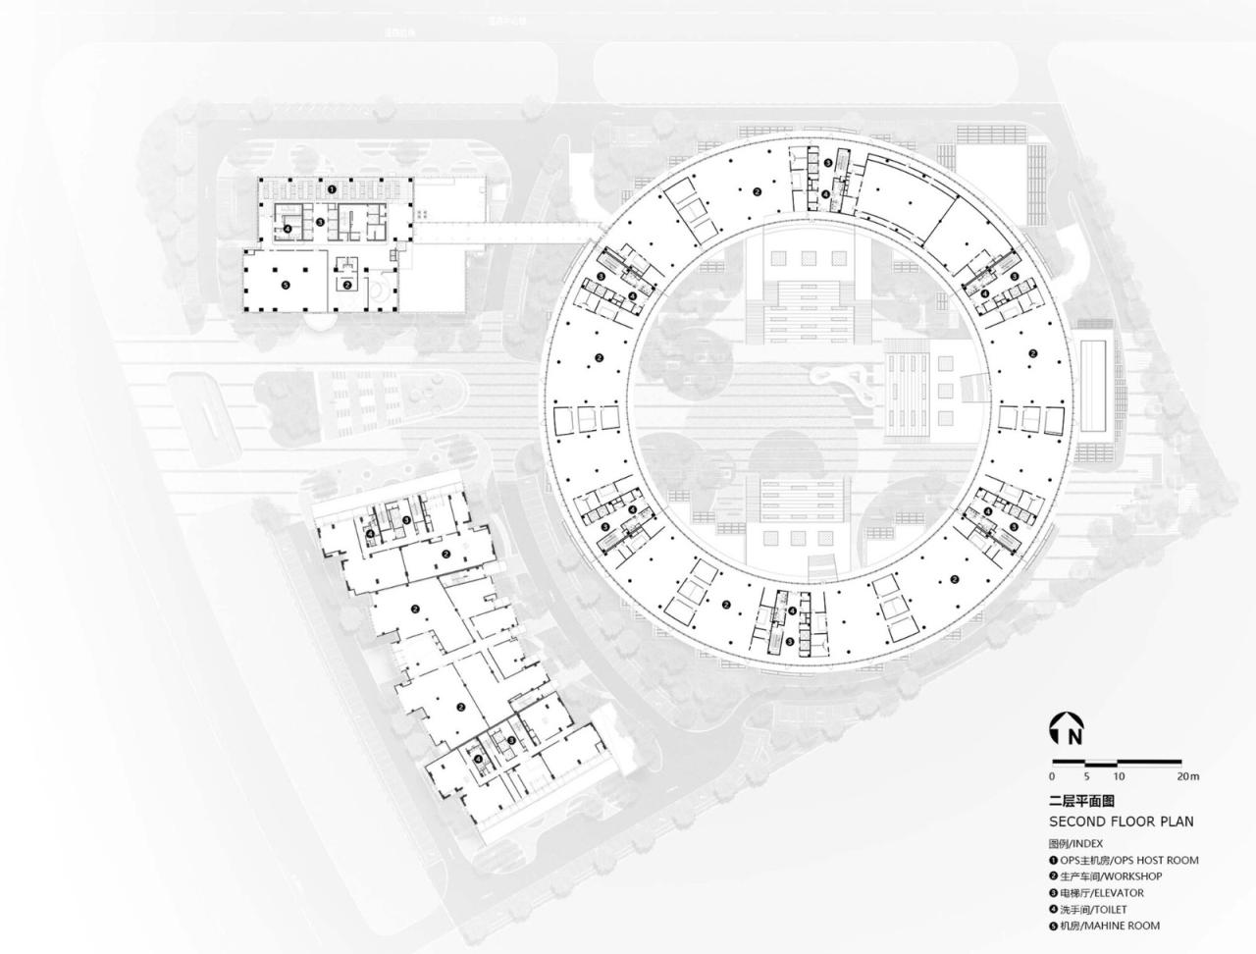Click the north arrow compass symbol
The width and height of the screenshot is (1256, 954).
tap(1062, 726)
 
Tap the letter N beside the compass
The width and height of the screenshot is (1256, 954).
tap(1076, 734)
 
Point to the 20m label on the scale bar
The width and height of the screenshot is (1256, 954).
tap(1187, 776)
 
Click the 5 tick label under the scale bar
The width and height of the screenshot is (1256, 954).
tap(1086, 776)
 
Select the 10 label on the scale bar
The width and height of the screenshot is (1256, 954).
tap(1119, 776)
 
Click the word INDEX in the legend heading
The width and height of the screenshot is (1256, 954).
tap(1087, 843)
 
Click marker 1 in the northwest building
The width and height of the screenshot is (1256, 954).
tap(332, 187)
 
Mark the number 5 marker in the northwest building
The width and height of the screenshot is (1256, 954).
tap(286, 286)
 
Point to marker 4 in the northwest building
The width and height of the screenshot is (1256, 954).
tap(288, 229)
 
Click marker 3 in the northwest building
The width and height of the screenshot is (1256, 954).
tap(321, 222)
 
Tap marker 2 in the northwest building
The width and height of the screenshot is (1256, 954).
tap(346, 285)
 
